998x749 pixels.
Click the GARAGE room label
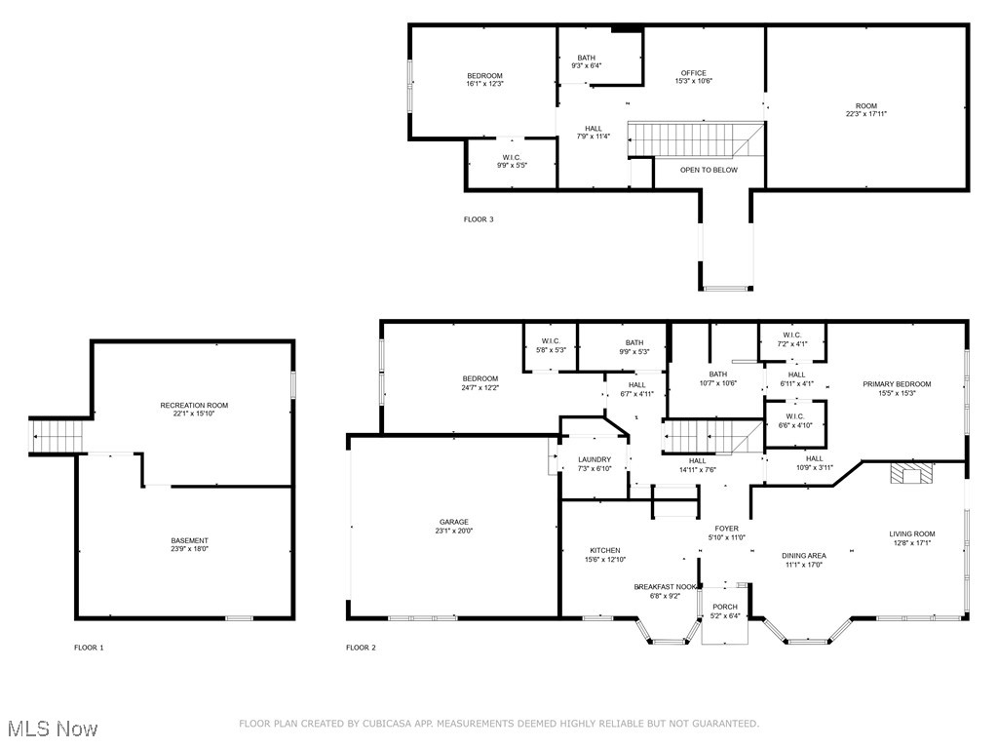point(453,522)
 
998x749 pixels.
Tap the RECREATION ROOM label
point(194,405)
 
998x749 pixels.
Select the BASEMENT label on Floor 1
point(190,540)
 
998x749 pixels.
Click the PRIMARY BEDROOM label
point(897,384)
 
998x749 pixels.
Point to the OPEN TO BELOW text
point(709,170)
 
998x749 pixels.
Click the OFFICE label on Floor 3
point(693,73)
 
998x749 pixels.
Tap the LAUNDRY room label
point(594,459)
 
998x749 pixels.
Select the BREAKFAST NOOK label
point(666,586)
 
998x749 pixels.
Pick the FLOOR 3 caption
point(478,219)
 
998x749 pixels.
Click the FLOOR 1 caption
point(89,648)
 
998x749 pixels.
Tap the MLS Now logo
point(51,729)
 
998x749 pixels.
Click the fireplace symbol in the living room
point(911,475)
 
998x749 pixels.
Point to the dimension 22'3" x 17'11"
point(865,114)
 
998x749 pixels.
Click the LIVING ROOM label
point(911,533)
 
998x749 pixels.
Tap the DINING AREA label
point(804,556)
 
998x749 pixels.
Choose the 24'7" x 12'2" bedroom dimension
point(480,387)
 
